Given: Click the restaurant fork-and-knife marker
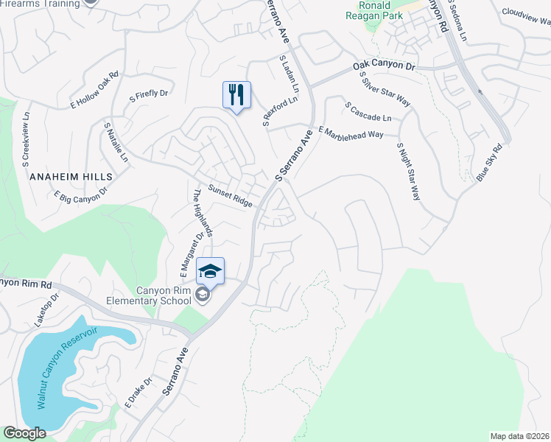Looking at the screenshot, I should click(236, 95).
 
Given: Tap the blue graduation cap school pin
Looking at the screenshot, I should click(210, 271).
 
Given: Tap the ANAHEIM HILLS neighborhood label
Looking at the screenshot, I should click(71, 177).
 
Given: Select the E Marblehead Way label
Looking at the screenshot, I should click(351, 133).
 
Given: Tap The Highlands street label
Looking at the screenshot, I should click(203, 213).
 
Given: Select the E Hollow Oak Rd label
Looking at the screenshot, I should click(94, 91).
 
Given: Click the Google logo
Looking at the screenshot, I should click(25, 433).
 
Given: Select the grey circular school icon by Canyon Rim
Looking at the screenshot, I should click(203, 296).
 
